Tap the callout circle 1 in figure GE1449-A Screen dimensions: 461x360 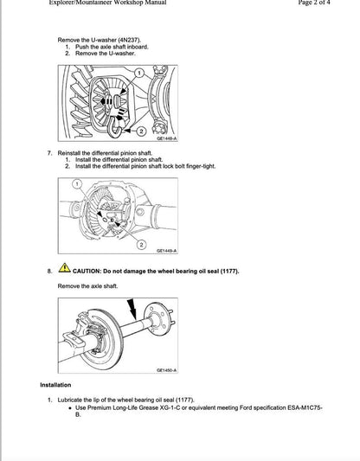(77, 185)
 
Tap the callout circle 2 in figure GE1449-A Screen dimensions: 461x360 (141, 244)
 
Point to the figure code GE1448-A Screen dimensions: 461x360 (166, 138)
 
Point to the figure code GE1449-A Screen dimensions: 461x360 (166, 252)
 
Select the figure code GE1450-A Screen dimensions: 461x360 (166, 369)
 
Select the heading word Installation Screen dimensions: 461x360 (55, 385)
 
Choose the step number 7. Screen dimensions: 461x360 (49, 152)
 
